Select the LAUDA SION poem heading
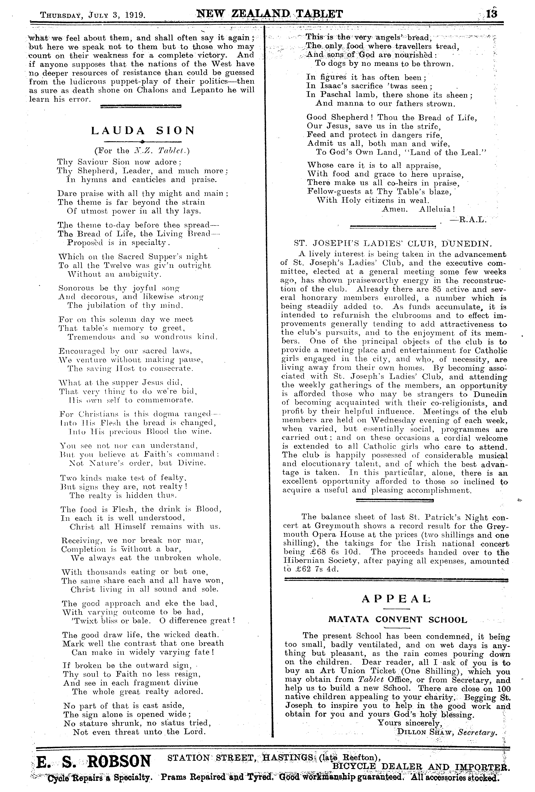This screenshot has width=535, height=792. tap(143, 131)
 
